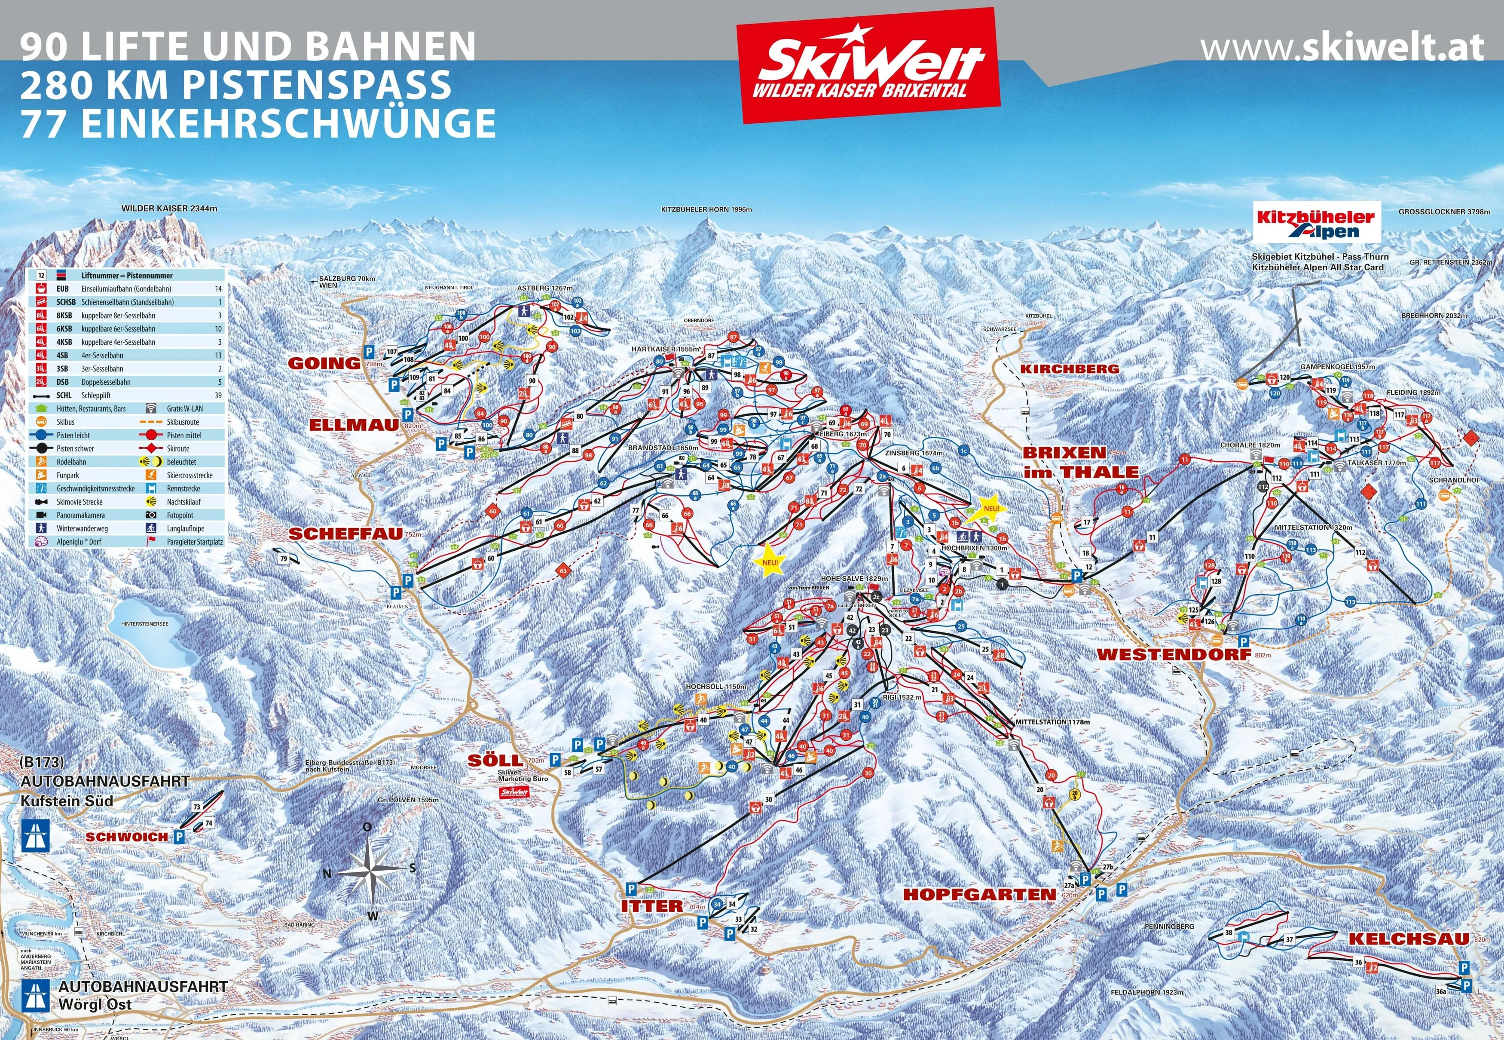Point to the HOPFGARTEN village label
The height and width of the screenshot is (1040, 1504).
tap(979, 895)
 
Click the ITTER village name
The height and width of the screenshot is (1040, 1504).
tap(651, 906)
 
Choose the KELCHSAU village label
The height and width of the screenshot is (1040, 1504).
tap(1408, 939)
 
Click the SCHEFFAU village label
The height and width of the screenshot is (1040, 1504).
tap(345, 534)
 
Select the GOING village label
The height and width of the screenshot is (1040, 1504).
tap(324, 363)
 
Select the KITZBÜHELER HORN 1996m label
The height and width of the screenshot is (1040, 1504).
tap(706, 210)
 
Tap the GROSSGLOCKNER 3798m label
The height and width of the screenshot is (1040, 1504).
tap(1443, 212)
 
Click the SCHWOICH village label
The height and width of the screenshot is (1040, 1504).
tap(126, 837)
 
